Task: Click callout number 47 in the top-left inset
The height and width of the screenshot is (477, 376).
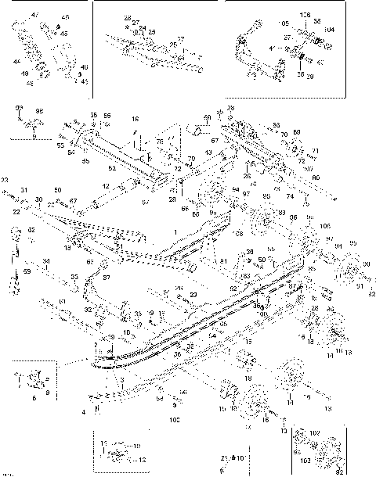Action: click(34, 15)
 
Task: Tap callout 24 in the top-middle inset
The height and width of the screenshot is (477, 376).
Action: click(143, 27)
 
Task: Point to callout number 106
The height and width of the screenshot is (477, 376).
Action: click(305, 14)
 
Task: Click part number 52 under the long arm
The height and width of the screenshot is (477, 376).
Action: click(111, 167)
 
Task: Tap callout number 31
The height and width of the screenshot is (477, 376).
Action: click(24, 190)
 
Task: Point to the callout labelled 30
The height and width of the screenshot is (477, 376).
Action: click(39, 199)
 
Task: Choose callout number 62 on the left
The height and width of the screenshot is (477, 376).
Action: click(32, 230)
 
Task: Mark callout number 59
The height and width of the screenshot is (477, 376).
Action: click(27, 271)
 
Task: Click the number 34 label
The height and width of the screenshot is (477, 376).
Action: click(46, 261)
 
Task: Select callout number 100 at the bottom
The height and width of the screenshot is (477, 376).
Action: click(174, 421)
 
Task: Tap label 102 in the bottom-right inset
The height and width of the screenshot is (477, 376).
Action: click(315, 432)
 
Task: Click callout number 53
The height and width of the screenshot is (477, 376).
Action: click(60, 145)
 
